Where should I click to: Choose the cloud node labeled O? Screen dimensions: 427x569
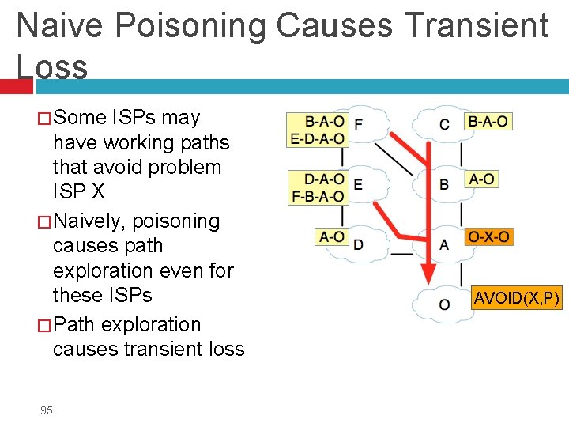tap(443, 304)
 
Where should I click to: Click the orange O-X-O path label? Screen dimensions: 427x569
tap(489, 236)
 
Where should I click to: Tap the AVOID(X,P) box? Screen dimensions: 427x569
tap(516, 298)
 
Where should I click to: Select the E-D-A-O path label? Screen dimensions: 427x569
tap(318, 138)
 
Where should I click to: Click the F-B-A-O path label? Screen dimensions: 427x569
tap(318, 195)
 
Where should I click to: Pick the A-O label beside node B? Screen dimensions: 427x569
tap(481, 179)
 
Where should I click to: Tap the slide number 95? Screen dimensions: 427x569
tap(47, 410)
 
